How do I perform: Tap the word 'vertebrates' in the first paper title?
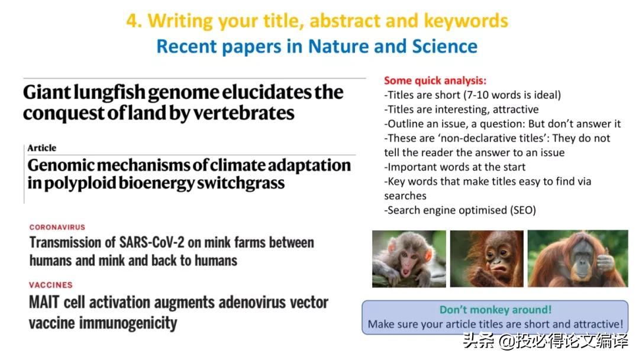coord(243,113)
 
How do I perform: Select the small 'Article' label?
coord(42,148)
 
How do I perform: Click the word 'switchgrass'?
coord(241,184)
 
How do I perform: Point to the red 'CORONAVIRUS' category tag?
coord(57,227)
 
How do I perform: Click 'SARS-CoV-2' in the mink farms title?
coord(151,243)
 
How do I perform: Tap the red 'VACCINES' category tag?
coord(50,285)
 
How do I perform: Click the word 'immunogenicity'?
coord(128,323)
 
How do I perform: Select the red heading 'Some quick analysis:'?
coord(435,81)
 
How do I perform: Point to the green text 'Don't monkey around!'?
coord(496,310)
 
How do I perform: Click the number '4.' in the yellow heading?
coord(134,21)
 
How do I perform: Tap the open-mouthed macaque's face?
coord(408,257)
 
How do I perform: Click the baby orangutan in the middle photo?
coord(487,259)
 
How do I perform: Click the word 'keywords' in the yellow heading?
coord(466,21)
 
